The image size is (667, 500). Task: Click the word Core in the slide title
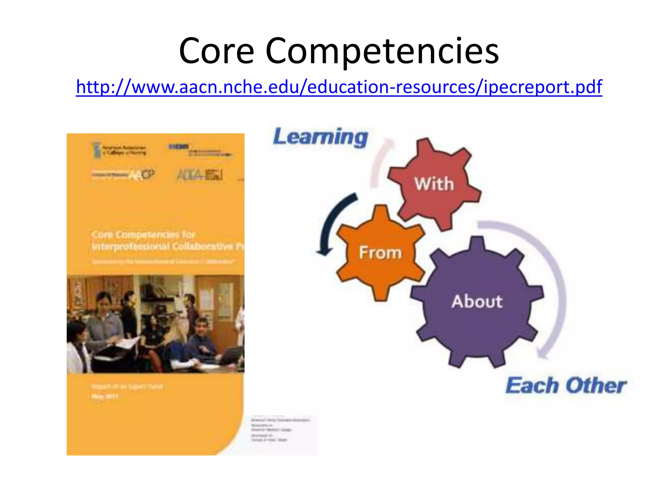coord(216,51)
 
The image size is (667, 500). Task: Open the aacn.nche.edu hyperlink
coord(339,87)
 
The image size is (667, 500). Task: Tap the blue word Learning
coord(320,137)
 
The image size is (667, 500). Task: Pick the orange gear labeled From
coord(380,252)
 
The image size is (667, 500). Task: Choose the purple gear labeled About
coord(477,301)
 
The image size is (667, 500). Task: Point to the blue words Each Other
coord(566,386)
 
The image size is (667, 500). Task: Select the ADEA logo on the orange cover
coord(199,175)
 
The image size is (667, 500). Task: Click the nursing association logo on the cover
coord(119,150)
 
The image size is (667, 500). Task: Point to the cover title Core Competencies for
coord(143,234)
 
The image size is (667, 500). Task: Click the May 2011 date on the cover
coord(105,396)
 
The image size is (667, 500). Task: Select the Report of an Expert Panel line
coord(127,386)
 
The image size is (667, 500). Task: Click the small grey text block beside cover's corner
coord(280,430)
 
